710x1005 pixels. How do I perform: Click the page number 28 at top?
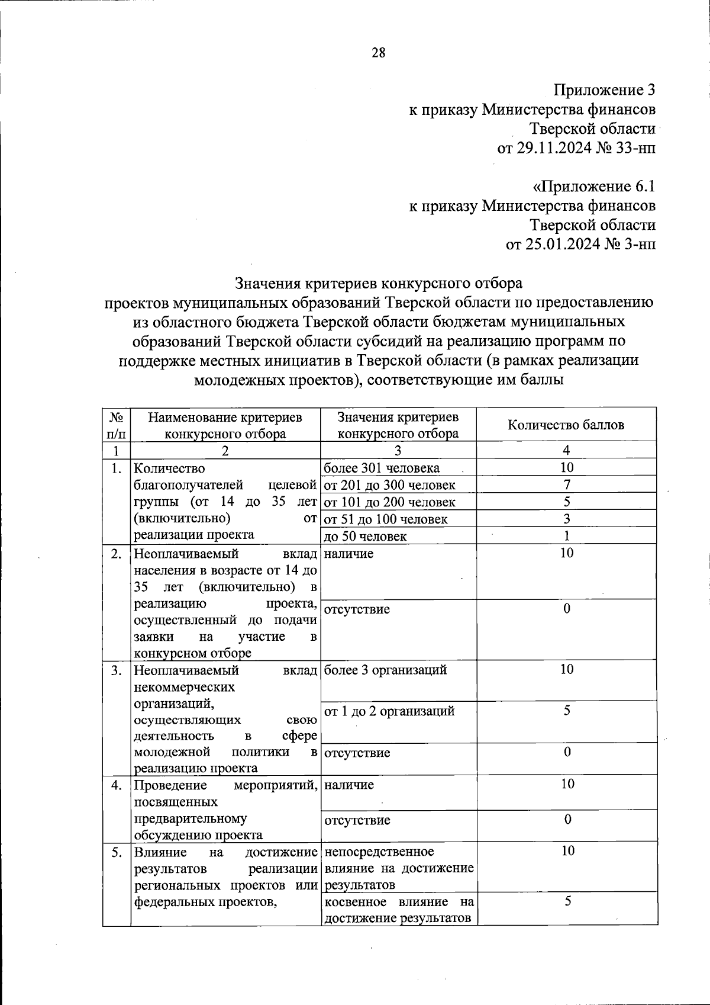click(x=378, y=53)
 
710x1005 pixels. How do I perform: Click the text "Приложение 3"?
click(x=604, y=90)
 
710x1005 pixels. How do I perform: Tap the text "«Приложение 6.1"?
click(x=594, y=187)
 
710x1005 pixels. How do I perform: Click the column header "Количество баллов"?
click(x=566, y=425)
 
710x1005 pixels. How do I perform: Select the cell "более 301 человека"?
click(x=382, y=468)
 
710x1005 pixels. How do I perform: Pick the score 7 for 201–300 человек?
click(x=567, y=484)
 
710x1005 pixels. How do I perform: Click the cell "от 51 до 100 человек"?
click(x=386, y=519)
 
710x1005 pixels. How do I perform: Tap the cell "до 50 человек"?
click(x=366, y=537)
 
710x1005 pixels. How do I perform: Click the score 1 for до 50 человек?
click(x=567, y=536)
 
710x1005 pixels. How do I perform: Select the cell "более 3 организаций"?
click(x=385, y=670)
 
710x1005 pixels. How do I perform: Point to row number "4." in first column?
click(x=117, y=785)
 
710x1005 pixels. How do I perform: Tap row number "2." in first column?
click(x=117, y=554)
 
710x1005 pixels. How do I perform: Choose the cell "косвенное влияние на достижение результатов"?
click(x=399, y=910)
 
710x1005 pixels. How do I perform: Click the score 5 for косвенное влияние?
click(x=567, y=901)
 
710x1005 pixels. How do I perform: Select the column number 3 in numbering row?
click(x=398, y=450)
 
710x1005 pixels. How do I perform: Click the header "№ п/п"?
click(x=116, y=425)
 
